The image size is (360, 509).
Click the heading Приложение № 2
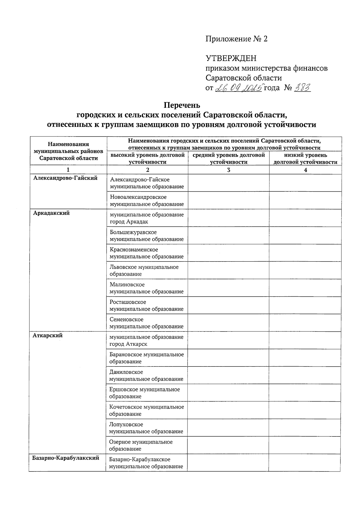pos(236,39)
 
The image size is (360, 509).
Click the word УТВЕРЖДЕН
pos(231,58)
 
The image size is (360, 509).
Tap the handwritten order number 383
pos(302,88)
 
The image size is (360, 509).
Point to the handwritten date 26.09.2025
pos(239,88)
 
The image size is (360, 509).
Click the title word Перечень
pos(181,106)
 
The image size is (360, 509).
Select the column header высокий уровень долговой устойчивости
pos(147,158)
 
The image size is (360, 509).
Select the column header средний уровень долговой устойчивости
pos(229,158)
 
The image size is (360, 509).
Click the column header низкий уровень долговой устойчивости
pos(305,158)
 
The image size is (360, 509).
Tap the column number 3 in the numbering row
pos(229,170)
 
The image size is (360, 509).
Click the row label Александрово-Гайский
pos(65,178)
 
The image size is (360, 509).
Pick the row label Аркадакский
pos(52,213)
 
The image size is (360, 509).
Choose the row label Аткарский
pos(48,336)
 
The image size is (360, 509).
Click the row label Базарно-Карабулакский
pos(66,458)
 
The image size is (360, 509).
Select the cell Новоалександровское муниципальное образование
pos(147,201)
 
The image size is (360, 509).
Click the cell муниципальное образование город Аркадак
pos(147,218)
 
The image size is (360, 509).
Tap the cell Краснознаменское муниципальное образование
pos(147,253)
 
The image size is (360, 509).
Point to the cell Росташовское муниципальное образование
pos(147,305)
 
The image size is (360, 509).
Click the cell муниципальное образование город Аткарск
pos(147,340)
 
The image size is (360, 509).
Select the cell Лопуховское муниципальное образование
pos(147,428)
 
